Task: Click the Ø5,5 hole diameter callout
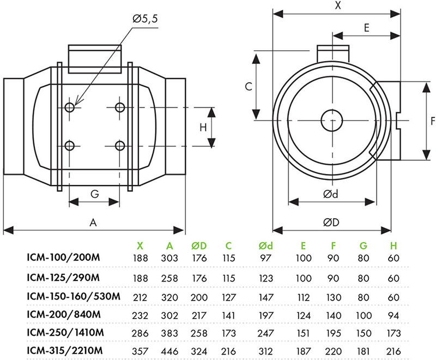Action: click(145, 19)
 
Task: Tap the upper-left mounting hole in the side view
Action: click(70, 107)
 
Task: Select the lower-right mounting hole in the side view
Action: click(120, 146)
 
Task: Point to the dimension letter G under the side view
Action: click(94, 194)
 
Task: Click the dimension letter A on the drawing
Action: click(93, 223)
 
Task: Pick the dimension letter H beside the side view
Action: click(203, 128)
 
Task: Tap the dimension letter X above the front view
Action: click(338, 5)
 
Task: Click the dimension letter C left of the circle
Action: click(249, 87)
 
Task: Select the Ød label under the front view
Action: click(331, 194)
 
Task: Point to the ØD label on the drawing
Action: click(331, 223)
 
